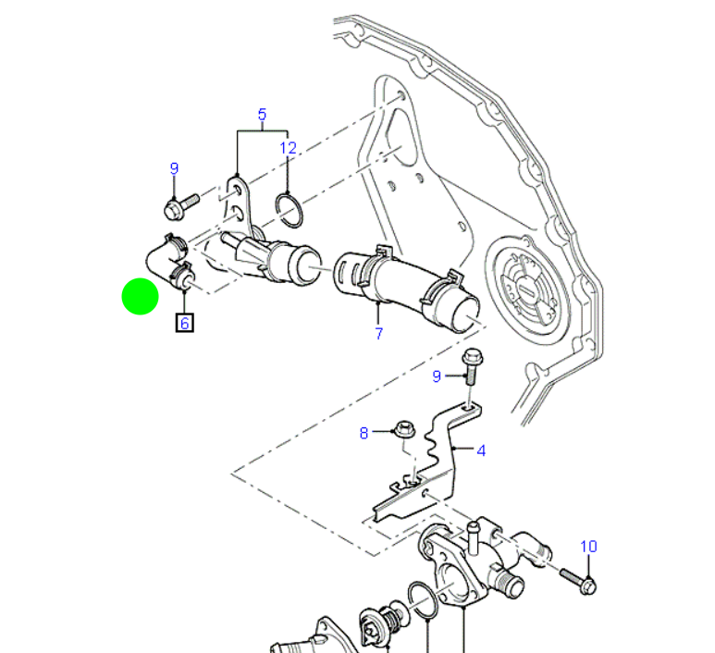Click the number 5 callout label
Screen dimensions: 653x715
click(262, 115)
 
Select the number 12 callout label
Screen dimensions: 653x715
click(289, 148)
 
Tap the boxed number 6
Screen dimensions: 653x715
click(184, 323)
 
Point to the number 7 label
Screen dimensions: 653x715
click(378, 334)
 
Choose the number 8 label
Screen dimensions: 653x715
click(364, 432)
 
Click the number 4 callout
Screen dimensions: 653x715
click(481, 451)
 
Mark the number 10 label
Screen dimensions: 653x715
click(589, 547)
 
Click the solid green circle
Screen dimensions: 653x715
click(140, 296)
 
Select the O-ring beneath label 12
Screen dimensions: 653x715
click(290, 210)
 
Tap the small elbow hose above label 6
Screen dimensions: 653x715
click(166, 259)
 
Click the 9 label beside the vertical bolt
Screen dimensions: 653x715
click(438, 376)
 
